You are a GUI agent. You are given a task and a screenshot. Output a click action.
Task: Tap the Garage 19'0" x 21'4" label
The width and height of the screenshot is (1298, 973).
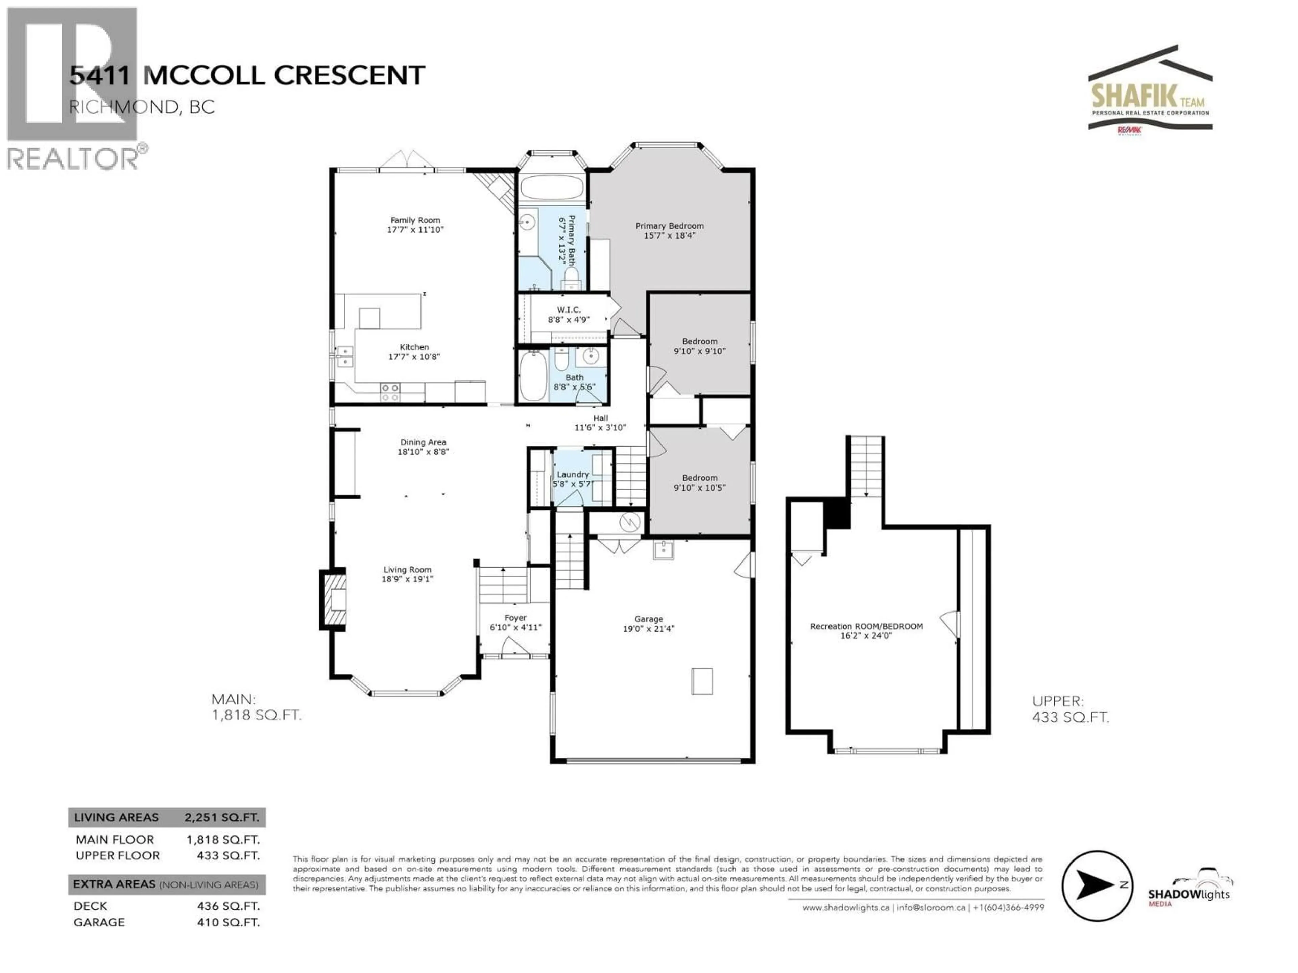click(x=648, y=623)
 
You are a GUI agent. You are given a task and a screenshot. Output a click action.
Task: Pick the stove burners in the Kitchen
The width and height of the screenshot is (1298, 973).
click(x=390, y=392)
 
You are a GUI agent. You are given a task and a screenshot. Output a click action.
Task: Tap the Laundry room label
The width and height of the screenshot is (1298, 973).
click(x=573, y=479)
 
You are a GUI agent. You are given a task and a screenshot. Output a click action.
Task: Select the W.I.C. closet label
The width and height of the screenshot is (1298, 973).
click(x=569, y=314)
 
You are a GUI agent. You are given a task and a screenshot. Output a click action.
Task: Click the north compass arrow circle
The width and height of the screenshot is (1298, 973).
click(x=1097, y=885)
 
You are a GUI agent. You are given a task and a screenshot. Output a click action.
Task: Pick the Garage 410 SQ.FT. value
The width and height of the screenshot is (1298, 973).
click(x=228, y=922)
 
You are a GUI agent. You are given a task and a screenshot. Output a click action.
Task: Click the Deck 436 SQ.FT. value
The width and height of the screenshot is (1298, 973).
click(x=228, y=906)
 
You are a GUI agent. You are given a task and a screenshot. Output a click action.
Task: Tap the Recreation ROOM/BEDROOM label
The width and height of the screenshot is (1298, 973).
click(x=866, y=630)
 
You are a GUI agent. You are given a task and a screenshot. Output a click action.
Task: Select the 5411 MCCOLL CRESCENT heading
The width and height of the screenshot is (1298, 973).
click(x=246, y=76)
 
